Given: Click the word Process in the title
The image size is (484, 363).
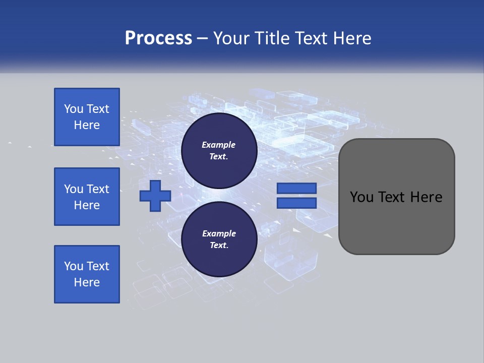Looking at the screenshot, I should (158, 38).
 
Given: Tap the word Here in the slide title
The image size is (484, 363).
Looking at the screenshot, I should (352, 38).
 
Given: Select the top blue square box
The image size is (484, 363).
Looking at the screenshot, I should (87, 117).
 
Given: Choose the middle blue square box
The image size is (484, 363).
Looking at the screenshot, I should (87, 197).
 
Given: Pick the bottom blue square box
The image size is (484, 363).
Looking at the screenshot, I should (87, 274).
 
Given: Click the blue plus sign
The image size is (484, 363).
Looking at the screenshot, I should (155, 196).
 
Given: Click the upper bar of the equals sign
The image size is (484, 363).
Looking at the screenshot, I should (296, 188).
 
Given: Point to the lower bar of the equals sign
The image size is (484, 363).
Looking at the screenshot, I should (296, 203).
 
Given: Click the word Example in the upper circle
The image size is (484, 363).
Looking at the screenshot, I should (219, 145).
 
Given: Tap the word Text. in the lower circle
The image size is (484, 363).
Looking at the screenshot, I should (219, 246).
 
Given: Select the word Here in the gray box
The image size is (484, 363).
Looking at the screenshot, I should (426, 197).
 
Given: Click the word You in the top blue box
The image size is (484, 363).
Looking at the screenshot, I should (74, 109).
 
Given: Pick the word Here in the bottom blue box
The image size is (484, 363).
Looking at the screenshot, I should (87, 282).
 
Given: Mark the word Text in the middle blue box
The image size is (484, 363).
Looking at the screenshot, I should (98, 189).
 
